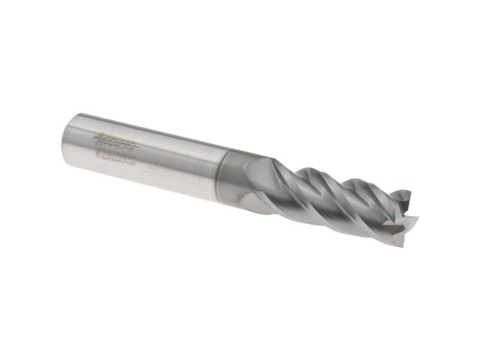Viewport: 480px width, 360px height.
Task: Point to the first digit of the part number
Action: [99, 154]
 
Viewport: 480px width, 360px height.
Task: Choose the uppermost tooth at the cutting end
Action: [402, 193]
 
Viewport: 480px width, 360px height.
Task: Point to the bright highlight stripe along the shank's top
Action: [150, 129]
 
